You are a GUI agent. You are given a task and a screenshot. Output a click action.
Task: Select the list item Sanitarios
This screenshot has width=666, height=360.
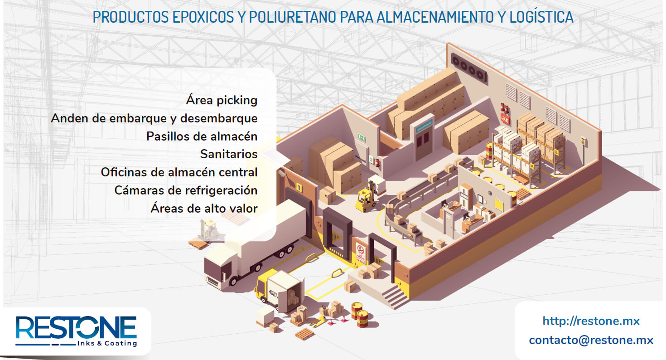pos(229,154)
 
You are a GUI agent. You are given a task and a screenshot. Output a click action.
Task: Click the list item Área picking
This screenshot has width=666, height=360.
pos(222,100)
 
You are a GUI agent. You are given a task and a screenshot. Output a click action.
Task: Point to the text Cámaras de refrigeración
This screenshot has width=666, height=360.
pos(186,190)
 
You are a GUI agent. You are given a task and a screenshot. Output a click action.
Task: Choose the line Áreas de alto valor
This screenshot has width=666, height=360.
pos(204,209)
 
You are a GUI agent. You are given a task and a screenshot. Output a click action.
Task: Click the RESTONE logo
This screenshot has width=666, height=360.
pos(76,327)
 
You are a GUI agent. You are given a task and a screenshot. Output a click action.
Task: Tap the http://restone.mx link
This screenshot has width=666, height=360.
pos(591,321)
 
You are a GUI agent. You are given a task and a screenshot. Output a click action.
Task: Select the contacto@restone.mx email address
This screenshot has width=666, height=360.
pos(591,340)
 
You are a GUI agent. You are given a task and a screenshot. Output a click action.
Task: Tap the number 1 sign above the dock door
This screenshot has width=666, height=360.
pos(299,186)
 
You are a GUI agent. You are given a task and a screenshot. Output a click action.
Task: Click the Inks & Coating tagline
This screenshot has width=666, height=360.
pos(107,343)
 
